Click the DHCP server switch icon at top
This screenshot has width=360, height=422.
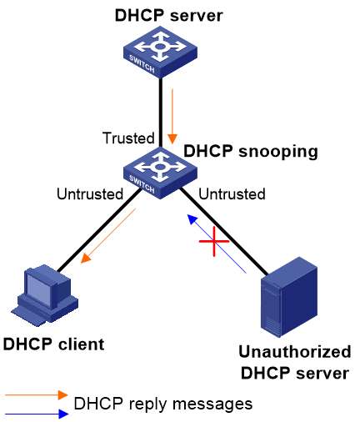[160, 52]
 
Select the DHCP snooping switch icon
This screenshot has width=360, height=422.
[160, 173]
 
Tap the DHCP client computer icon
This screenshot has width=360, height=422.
[45, 295]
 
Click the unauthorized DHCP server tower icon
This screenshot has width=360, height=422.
[289, 297]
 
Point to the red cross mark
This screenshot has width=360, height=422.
[214, 241]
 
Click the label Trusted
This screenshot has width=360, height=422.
[128, 138]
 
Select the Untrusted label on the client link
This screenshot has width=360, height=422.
[90, 193]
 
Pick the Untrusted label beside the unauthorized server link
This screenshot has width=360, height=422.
[232, 193]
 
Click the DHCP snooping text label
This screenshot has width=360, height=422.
[251, 152]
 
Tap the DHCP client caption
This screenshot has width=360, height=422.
[53, 344]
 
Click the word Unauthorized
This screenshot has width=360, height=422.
[295, 351]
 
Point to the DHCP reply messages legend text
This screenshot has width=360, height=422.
[163, 404]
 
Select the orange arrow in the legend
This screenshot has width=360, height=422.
[37, 394]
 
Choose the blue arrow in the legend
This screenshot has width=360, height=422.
[37, 414]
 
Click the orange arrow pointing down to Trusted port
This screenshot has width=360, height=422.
[172, 116]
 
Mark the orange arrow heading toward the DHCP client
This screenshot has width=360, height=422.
[107, 236]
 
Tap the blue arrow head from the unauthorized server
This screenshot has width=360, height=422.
[192, 219]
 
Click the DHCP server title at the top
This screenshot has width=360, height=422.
[169, 15]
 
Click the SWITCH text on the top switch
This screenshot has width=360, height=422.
[142, 64]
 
